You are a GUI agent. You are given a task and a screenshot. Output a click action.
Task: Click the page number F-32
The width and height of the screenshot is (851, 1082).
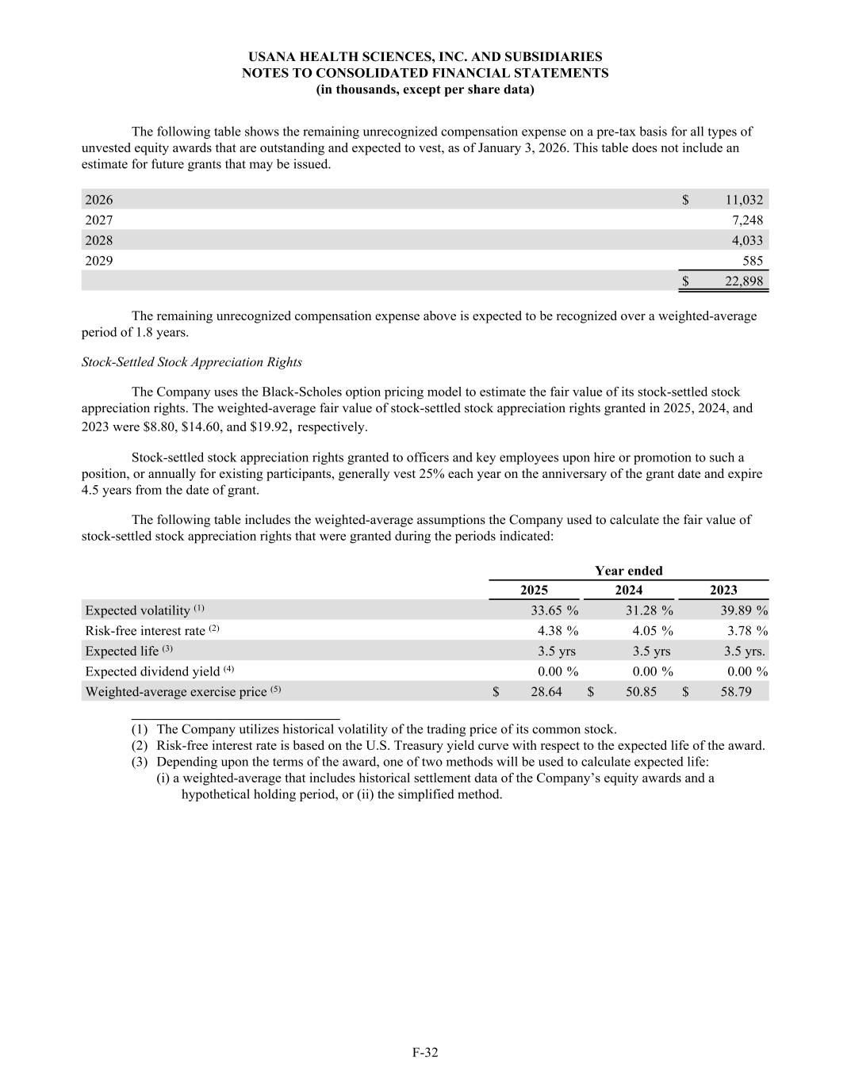coord(425,1053)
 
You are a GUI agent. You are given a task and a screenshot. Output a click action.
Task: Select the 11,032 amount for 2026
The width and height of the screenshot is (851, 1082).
coord(744,200)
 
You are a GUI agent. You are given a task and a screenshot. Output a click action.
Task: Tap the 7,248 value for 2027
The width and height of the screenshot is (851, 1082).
coord(747,220)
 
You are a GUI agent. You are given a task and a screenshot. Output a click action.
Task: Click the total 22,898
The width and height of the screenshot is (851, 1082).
coord(744,281)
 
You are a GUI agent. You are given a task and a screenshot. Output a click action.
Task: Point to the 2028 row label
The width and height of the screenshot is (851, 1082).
coord(99,240)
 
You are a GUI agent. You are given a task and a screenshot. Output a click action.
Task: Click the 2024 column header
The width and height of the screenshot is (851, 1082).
coord(629,590)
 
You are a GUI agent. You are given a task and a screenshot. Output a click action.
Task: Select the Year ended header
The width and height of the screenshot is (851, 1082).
coord(629,571)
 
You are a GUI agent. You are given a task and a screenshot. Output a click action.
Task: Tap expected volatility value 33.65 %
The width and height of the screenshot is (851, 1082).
coord(554,610)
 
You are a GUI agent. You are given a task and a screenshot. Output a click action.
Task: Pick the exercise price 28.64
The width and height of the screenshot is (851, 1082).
coord(546,692)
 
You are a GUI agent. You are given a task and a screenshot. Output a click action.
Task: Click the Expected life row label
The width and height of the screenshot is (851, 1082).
coord(122,652)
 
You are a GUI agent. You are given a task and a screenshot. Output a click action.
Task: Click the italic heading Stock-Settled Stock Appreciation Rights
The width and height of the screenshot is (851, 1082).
coord(192,362)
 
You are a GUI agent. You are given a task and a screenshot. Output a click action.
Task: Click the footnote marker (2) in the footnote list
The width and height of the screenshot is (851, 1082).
coord(140,746)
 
